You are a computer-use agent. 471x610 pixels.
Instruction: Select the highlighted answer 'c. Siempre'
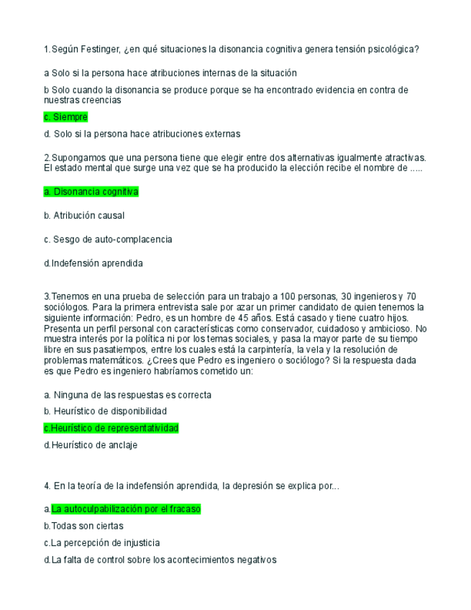tap(65, 117)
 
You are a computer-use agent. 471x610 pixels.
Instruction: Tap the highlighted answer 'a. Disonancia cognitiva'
tap(91, 192)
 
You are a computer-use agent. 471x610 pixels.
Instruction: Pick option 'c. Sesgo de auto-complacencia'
tap(108, 239)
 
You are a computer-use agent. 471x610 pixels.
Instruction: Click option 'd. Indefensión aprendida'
tap(93, 263)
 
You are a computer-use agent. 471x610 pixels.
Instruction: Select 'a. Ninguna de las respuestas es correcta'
tap(127, 395)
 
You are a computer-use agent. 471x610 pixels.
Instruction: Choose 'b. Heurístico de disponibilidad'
tap(105, 411)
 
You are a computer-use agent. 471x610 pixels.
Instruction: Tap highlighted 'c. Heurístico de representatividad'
tap(111, 428)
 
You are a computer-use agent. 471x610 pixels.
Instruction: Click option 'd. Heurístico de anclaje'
tap(90, 445)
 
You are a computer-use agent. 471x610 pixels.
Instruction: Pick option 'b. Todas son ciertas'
tap(83, 526)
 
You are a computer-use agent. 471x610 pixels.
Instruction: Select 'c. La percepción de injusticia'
tap(101, 543)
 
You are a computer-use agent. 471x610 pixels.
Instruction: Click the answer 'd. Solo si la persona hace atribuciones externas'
tap(142, 134)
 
